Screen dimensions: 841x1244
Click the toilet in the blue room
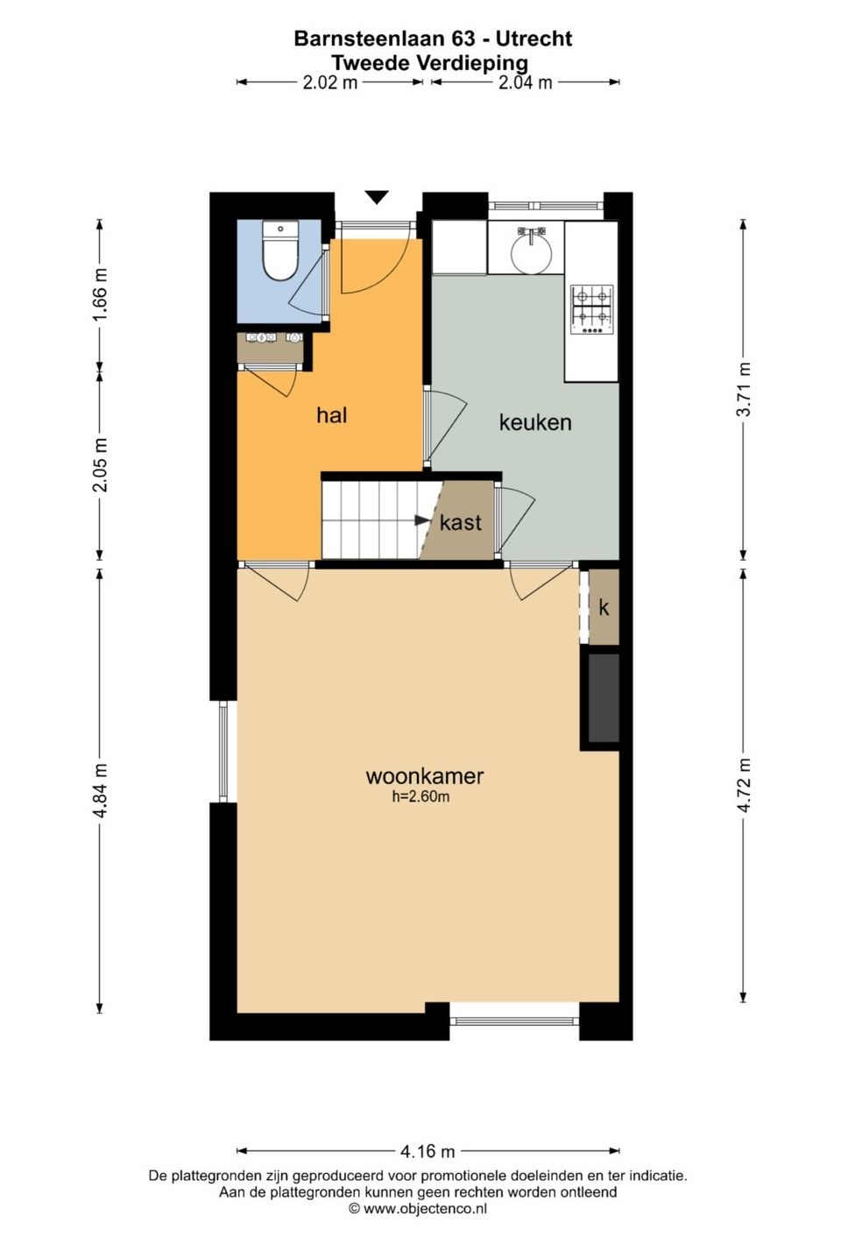point(280,251)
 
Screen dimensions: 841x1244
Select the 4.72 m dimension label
point(743,785)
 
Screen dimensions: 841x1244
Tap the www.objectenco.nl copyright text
point(417,1208)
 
